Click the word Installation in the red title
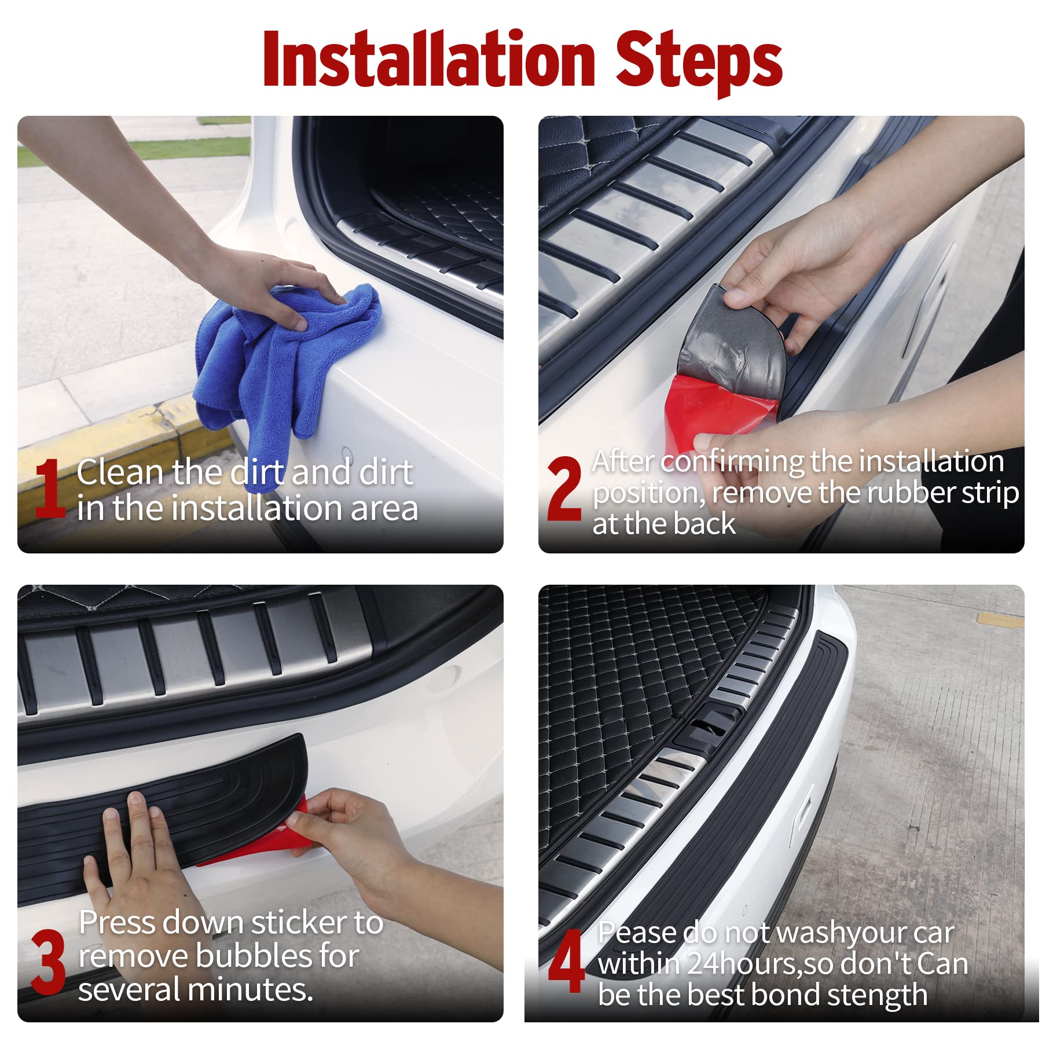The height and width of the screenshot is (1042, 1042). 428,60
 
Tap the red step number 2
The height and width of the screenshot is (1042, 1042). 563,489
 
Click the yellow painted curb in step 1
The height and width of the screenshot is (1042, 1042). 116,440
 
